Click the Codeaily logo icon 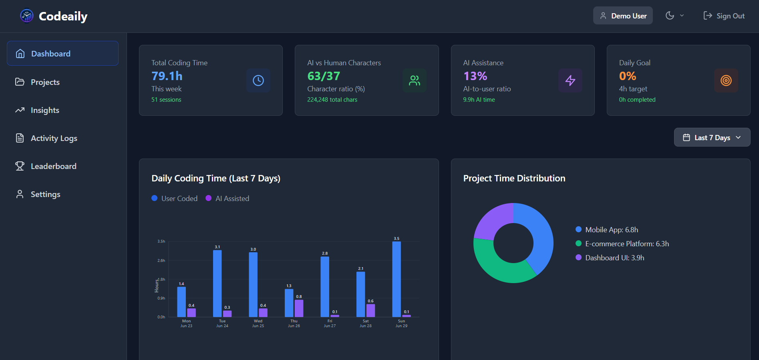tap(27, 16)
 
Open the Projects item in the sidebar tap(45, 82)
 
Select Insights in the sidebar tap(45, 110)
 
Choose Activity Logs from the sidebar tap(54, 138)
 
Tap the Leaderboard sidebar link tap(53, 166)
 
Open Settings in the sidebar tap(45, 194)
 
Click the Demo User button tap(623, 16)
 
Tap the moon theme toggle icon tap(670, 16)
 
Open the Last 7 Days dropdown tap(712, 137)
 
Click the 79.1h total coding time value tap(167, 76)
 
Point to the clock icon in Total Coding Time tap(258, 80)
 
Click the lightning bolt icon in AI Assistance tap(570, 80)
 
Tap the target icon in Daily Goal tap(726, 80)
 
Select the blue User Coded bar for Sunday tap(397, 279)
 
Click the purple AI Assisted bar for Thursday tap(299, 308)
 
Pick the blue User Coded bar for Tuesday tap(217, 284)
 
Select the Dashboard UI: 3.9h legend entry tap(614, 258)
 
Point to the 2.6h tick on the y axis tap(161, 261)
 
